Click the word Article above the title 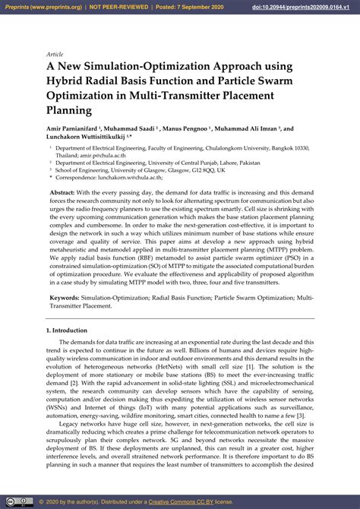coord(55,55)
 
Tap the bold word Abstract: coord(65,194)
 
